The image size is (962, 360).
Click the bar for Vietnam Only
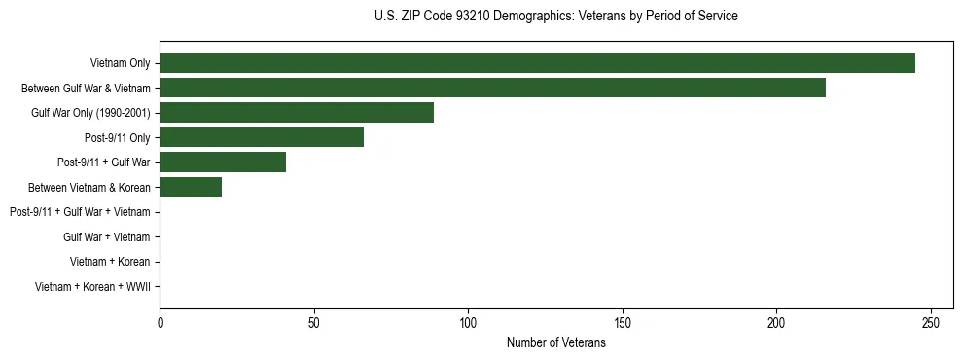[537, 62]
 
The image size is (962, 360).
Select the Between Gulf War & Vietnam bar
[492, 88]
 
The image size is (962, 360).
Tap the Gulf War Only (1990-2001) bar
[297, 112]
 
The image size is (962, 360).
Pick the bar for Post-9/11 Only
[262, 137]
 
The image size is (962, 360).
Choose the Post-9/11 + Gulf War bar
[223, 162]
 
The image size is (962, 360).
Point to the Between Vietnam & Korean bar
[191, 187]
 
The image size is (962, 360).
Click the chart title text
[555, 17]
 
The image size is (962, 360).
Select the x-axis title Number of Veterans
[555, 343]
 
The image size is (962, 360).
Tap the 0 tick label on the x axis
[160, 323]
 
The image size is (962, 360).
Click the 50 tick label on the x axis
[314, 323]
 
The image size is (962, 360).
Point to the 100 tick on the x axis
[468, 323]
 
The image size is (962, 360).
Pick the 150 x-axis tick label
[623, 323]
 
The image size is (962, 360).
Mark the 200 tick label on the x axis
[776, 323]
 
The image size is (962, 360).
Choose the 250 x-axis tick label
[931, 323]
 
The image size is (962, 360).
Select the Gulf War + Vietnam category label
[106, 236]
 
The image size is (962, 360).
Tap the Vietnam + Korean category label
[110, 262]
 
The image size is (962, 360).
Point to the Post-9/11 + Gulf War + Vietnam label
[80, 212]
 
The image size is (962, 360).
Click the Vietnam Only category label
[120, 63]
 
